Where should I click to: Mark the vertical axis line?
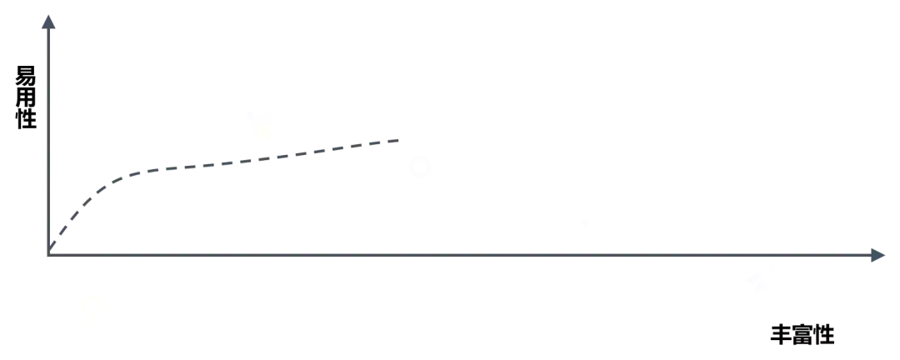[x=52, y=133]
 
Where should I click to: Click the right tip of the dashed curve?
[x=398, y=137]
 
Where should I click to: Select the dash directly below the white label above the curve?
[x=258, y=159]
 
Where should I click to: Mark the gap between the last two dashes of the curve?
[x=309, y=152]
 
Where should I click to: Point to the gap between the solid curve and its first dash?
[x=235, y=162]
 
